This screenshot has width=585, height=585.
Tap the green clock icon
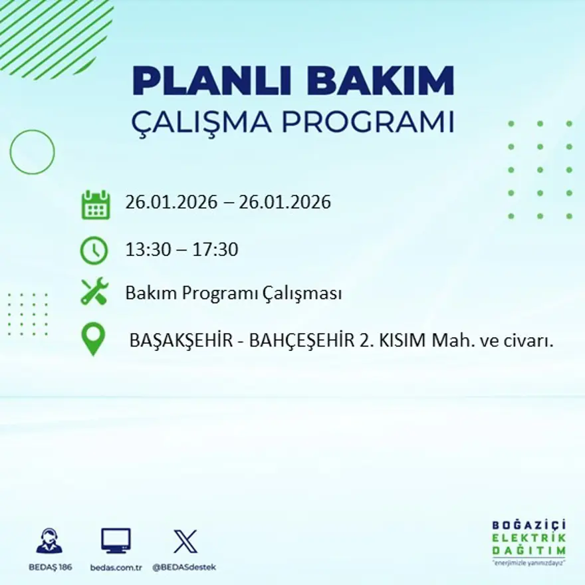click(x=94, y=251)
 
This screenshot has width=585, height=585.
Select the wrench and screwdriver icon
click(x=94, y=292)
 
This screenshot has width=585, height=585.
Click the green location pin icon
click(x=93, y=338)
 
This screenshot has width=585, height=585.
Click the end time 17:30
click(x=215, y=250)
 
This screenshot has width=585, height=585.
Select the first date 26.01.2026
click(x=171, y=202)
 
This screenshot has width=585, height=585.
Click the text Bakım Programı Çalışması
click(x=233, y=293)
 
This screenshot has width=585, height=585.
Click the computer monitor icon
click(x=116, y=540)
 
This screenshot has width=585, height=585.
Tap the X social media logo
click(x=185, y=540)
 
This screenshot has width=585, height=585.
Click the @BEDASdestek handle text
click(x=184, y=567)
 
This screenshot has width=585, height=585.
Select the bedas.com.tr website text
click(x=116, y=567)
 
